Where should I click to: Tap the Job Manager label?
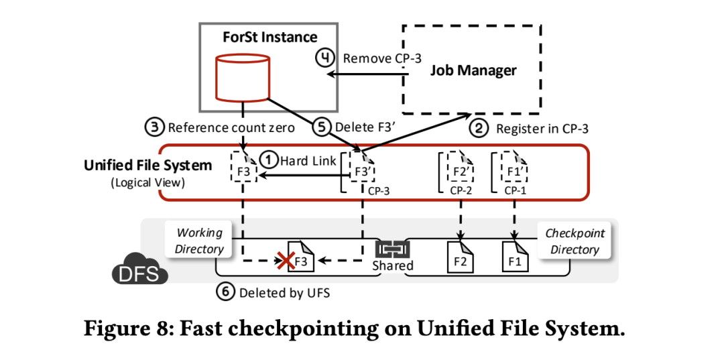pyautogui.click(x=473, y=70)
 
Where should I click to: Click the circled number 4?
pyautogui.click(x=326, y=58)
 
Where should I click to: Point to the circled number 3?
pyautogui.click(x=154, y=127)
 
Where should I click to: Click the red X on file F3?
pyautogui.click(x=288, y=259)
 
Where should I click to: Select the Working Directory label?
pyautogui.click(x=199, y=241)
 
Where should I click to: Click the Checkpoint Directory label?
pyautogui.click(x=575, y=241)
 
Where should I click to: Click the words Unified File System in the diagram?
pyautogui.click(x=147, y=165)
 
